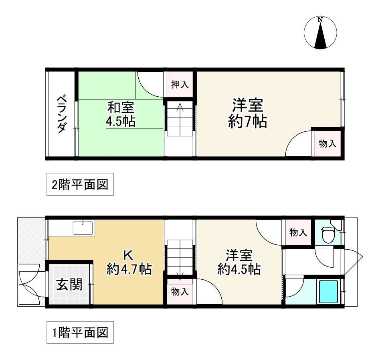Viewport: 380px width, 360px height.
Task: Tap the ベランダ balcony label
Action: click(x=61, y=114)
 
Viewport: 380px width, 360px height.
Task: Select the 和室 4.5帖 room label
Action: click(x=120, y=114)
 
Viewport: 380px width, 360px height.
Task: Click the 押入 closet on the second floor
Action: click(x=180, y=85)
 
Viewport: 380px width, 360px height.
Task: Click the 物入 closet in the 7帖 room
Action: click(x=327, y=144)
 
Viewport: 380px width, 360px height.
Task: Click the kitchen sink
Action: click(x=83, y=228)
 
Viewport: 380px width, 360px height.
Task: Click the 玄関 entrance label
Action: click(x=69, y=284)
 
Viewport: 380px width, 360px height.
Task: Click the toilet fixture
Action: click(x=328, y=235)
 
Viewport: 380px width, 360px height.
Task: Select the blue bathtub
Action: click(x=328, y=291)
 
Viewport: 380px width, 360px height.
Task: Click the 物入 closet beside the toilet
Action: click(x=298, y=232)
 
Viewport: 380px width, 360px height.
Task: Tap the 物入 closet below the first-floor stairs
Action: click(x=180, y=291)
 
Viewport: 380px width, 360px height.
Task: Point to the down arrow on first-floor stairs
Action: click(x=180, y=275)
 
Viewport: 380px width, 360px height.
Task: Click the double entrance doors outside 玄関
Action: click(x=29, y=284)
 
